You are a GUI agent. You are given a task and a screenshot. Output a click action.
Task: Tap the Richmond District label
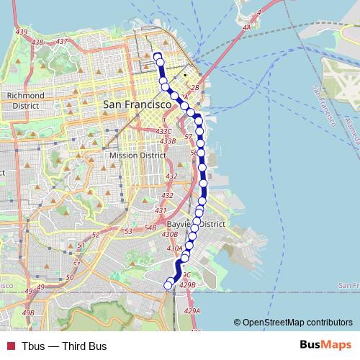click(x=25, y=100)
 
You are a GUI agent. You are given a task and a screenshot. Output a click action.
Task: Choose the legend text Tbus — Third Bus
click(x=64, y=346)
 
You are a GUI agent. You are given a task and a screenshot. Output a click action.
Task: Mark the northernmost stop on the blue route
click(x=157, y=55)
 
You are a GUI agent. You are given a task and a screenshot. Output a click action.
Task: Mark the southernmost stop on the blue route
click(x=168, y=286)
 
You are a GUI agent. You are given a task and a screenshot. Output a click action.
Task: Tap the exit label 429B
click(x=187, y=285)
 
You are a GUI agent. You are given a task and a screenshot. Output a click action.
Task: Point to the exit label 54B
click(x=150, y=228)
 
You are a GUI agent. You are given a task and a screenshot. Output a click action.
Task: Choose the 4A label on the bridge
click(x=247, y=28)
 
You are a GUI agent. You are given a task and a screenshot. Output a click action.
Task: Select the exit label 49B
click(x=28, y=312)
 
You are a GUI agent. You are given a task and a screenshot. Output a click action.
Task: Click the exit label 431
click(x=161, y=211)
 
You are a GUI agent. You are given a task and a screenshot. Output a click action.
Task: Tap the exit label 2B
click(x=194, y=88)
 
